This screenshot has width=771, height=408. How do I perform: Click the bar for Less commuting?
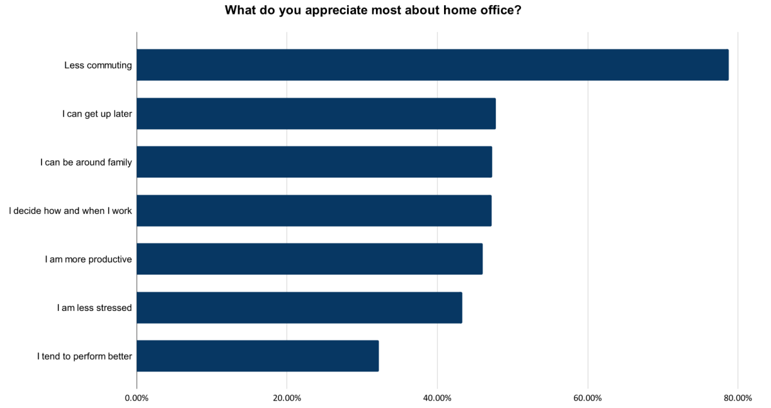point(432,65)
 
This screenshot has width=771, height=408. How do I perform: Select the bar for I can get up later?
point(316,113)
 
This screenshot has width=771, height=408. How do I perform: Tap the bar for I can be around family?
point(314,162)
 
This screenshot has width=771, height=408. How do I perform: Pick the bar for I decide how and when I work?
point(314,210)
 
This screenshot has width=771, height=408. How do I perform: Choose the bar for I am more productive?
point(309,259)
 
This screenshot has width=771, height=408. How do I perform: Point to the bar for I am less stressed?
point(299,307)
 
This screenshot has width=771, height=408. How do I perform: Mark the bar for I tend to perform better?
point(258,356)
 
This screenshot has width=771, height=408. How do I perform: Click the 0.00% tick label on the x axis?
point(137,398)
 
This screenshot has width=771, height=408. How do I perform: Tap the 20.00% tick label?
point(287,398)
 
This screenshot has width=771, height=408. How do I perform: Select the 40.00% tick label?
point(437,398)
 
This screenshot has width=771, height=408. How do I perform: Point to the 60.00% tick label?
point(588,398)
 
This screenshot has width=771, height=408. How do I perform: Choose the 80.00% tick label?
point(738,398)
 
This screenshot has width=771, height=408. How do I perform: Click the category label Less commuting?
point(98,65)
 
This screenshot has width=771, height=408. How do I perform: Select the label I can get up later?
point(96,114)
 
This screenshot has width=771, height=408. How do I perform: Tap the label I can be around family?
point(86,162)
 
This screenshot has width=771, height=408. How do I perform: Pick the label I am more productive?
point(88,259)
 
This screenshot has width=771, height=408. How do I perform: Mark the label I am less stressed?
point(94,308)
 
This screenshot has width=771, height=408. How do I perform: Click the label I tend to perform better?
point(84,356)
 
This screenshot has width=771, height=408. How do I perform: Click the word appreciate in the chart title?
point(334,11)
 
